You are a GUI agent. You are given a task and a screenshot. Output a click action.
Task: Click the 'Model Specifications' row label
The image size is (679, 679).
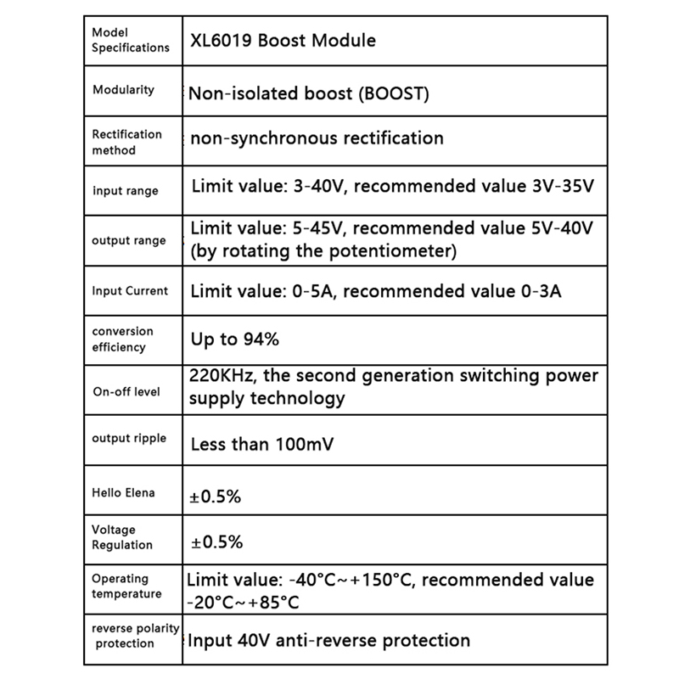(x=130, y=40)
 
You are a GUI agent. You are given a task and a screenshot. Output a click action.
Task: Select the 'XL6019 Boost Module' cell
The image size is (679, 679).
(x=283, y=40)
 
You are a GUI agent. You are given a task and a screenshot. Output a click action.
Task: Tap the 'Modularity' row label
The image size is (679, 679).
(x=123, y=89)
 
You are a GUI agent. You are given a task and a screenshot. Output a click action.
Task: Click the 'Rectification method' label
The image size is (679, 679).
(x=126, y=142)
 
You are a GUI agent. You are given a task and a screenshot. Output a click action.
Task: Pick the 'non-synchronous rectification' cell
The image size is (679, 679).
(x=317, y=137)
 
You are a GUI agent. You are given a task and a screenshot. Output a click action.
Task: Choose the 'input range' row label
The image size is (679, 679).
(x=125, y=191)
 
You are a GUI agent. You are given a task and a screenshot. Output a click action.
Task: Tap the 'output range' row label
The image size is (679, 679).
(x=128, y=240)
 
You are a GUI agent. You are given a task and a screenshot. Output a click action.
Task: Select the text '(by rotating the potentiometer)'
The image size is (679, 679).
(x=323, y=251)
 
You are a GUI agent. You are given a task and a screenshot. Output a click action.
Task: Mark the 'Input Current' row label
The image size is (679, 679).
(x=130, y=290)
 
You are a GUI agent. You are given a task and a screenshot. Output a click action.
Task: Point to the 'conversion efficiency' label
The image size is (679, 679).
(x=122, y=339)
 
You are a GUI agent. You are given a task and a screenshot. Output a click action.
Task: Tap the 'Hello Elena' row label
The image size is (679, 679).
(x=123, y=492)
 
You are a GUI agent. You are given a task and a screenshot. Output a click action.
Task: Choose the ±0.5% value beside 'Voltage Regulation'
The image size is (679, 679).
(x=216, y=542)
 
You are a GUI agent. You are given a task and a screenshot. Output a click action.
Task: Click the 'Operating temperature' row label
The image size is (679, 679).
(x=126, y=586)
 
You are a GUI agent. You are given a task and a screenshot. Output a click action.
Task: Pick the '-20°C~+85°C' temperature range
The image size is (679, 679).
(x=243, y=603)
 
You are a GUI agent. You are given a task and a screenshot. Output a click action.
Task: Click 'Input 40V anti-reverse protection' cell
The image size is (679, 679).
(x=328, y=640)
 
